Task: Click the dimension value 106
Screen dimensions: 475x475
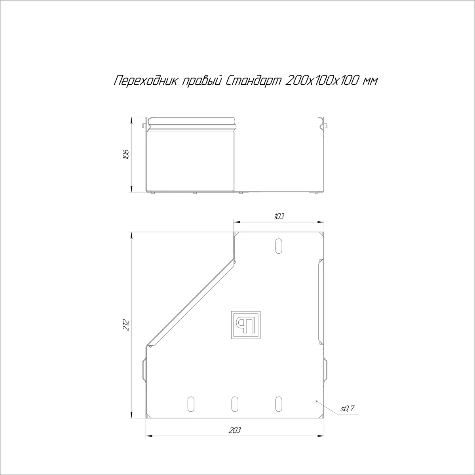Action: (126, 154)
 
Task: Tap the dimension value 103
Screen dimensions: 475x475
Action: (279, 216)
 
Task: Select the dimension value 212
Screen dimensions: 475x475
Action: (126, 325)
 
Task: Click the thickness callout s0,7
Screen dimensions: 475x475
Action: (347, 408)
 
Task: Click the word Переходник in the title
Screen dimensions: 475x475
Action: (145, 81)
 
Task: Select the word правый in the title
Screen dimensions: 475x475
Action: (201, 81)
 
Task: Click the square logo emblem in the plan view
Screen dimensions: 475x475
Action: (246, 325)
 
